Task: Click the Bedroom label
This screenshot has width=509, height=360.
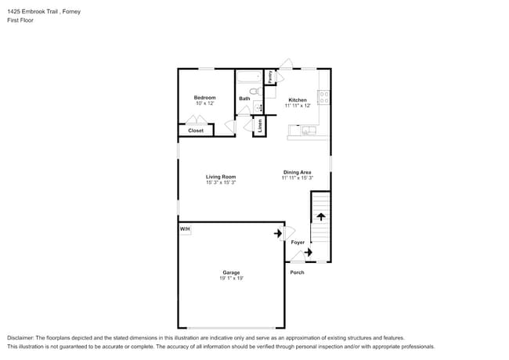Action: point(204,97)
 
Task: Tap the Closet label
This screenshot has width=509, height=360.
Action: point(196,131)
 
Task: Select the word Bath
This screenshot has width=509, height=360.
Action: point(245,99)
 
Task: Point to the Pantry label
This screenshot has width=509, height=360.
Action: point(269,77)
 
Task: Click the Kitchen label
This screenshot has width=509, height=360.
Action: point(298,99)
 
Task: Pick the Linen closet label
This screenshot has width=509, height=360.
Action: point(259,125)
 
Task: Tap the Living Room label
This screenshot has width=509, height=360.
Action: point(221,177)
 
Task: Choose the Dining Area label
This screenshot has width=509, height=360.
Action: point(298,172)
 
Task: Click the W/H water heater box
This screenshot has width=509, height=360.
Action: point(186,229)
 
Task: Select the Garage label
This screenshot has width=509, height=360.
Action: point(231,272)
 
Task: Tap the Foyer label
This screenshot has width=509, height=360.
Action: point(298,243)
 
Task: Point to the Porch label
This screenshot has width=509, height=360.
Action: point(298,272)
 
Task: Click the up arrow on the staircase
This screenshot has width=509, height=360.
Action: point(320,216)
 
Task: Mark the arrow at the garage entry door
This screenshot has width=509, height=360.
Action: point(278,233)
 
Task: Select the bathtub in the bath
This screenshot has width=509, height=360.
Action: point(250,77)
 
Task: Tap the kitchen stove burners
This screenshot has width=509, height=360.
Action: point(324,98)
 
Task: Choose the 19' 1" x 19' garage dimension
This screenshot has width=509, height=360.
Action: point(231,278)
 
